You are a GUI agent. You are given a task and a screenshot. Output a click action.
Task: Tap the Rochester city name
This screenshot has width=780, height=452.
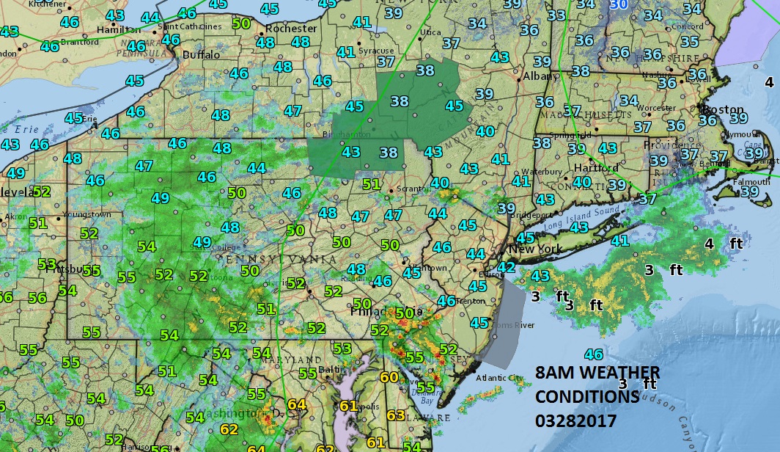pos(292,29)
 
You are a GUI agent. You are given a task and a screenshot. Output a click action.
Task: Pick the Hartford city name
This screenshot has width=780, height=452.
pos(582,167)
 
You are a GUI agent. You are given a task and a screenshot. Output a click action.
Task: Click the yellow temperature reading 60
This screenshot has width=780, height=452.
pos(389,377)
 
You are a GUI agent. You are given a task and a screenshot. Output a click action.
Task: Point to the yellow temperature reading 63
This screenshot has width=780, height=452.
pos(395,415)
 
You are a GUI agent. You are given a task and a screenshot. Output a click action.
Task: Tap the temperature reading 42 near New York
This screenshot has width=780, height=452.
pos(506,267)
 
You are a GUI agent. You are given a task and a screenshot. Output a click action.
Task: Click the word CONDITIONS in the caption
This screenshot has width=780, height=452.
pos(586,397)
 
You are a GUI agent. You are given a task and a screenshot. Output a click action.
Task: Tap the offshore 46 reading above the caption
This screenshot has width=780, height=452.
pos(593,354)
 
